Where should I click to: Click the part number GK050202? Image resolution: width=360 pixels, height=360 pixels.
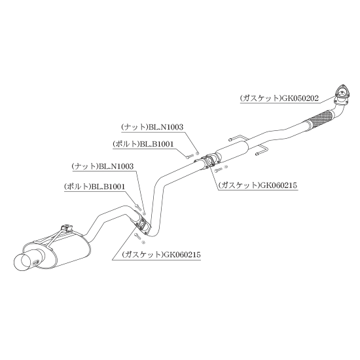click(x=300, y=98)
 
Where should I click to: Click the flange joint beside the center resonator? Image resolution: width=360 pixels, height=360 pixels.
click(x=208, y=161)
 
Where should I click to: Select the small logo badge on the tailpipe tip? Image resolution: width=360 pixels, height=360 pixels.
click(x=36, y=262)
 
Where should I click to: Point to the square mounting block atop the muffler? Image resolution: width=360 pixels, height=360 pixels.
click(x=67, y=228)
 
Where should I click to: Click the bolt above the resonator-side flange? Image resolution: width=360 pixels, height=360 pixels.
click(x=190, y=156)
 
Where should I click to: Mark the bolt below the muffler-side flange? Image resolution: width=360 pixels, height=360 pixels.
click(x=137, y=236)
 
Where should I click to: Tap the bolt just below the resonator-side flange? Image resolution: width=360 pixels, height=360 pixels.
click(x=219, y=170)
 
